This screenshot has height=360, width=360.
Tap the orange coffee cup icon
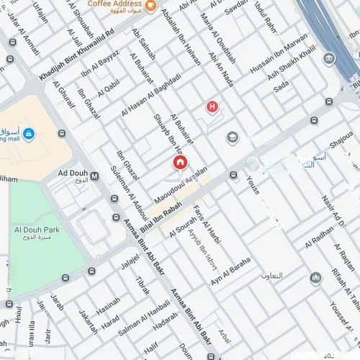click(150, 6)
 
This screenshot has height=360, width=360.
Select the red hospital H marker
click(212, 107)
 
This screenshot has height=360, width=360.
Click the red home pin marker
click(180, 163)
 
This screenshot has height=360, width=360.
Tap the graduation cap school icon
click(232, 137)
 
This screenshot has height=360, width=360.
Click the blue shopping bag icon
click(28, 133)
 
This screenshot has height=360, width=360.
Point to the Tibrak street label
click(142, 285)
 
